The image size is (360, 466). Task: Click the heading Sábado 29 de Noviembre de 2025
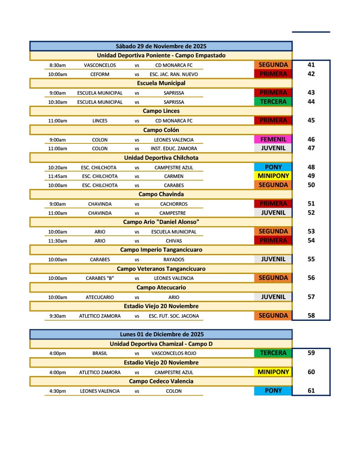pos(161,46)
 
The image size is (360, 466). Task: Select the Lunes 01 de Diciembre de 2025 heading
pos(161,334)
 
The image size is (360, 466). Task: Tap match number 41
pos(311,65)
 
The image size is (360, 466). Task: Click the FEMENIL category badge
pos(273,139)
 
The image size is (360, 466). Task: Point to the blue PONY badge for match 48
pos(273,167)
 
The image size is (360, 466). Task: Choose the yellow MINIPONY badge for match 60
pos(273,372)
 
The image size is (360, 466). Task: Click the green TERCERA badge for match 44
pos(273,101)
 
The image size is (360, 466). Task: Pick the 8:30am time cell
pos(57,66)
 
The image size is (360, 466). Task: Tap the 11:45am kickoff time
pos(57,176)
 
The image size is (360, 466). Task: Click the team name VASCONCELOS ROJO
pos(174,353)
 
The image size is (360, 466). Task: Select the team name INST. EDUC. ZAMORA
pos(174,148)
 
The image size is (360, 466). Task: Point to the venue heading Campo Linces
pos(161,111)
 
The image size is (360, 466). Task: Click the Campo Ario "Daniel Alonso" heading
pos(161,222)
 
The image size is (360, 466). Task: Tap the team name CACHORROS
pos(174,204)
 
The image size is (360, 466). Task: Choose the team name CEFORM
pos(100,74)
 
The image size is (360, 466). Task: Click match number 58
pos(311,315)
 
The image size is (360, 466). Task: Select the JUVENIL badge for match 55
pos(273,259)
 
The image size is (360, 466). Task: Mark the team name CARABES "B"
pos(100,278)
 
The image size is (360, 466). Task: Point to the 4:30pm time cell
pos(57,391)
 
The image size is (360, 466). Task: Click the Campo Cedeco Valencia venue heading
pos(161,381)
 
